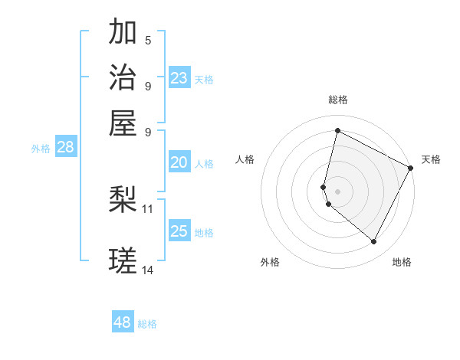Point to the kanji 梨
point(123,200)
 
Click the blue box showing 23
point(179,78)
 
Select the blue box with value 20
point(179,162)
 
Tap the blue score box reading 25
point(179,231)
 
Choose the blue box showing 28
point(66,148)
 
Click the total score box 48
point(123,322)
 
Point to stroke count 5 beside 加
point(148,40)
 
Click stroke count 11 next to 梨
point(148,208)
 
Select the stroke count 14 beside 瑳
point(148,270)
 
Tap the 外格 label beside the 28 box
point(41,149)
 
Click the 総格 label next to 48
point(147,324)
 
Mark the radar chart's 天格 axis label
point(431,159)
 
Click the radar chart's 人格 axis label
point(245,159)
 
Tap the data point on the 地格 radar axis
point(373,242)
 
